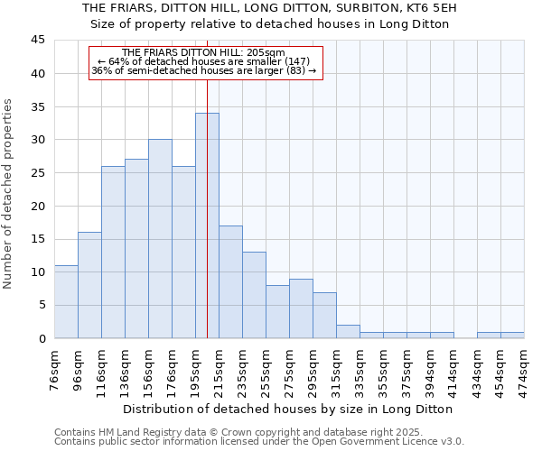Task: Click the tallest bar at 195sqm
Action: (x=207, y=225)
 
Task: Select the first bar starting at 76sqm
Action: (x=66, y=301)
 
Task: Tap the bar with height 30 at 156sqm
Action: (x=160, y=239)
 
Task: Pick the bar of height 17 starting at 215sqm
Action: (x=230, y=281)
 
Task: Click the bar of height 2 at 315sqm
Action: (x=348, y=331)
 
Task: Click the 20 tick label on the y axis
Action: (x=38, y=206)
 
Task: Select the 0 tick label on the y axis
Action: (x=42, y=338)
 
